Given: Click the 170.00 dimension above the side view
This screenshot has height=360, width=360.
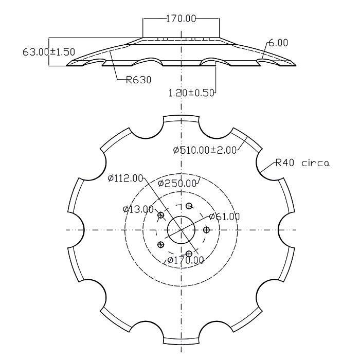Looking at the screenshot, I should tap(181, 19).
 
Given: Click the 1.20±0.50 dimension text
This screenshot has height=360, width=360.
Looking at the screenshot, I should tap(191, 93).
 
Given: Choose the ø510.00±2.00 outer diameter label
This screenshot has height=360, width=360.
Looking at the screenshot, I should tap(205, 150).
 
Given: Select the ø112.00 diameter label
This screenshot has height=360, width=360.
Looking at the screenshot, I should tap(125, 178).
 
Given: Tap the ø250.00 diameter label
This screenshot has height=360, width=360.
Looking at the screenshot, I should tap(177, 184).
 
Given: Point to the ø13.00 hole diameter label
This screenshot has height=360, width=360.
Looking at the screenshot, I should tap(138, 209).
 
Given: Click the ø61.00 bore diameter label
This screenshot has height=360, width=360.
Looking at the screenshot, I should tap(224, 217).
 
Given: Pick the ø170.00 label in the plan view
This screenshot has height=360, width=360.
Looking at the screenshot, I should tap(186, 260).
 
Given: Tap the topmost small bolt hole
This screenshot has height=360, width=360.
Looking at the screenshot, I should tap(189, 206).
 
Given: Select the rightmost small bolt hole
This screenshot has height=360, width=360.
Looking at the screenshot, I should tap(206, 229).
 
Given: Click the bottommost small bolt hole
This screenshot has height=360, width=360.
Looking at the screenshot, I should tap(189, 254).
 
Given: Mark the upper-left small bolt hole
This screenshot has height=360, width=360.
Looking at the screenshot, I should tap(161, 215).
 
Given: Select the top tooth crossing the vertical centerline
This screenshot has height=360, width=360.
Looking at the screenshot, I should tap(181, 119).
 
